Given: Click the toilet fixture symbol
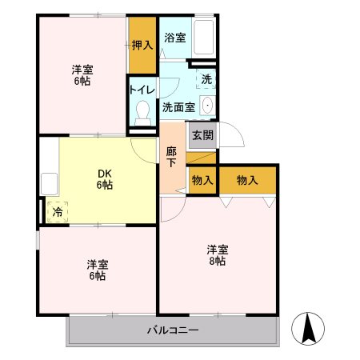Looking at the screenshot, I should (143, 111).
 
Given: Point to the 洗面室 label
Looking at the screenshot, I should (178, 106).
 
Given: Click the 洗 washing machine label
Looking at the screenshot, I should (206, 80).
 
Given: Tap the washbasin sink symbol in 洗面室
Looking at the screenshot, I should (207, 106).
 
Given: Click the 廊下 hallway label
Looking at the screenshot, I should (172, 155).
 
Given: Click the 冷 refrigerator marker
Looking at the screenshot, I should (57, 212).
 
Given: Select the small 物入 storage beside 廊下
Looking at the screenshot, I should (201, 180).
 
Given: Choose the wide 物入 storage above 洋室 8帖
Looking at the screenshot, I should (247, 180).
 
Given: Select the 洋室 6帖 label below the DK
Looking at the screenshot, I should (98, 270).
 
